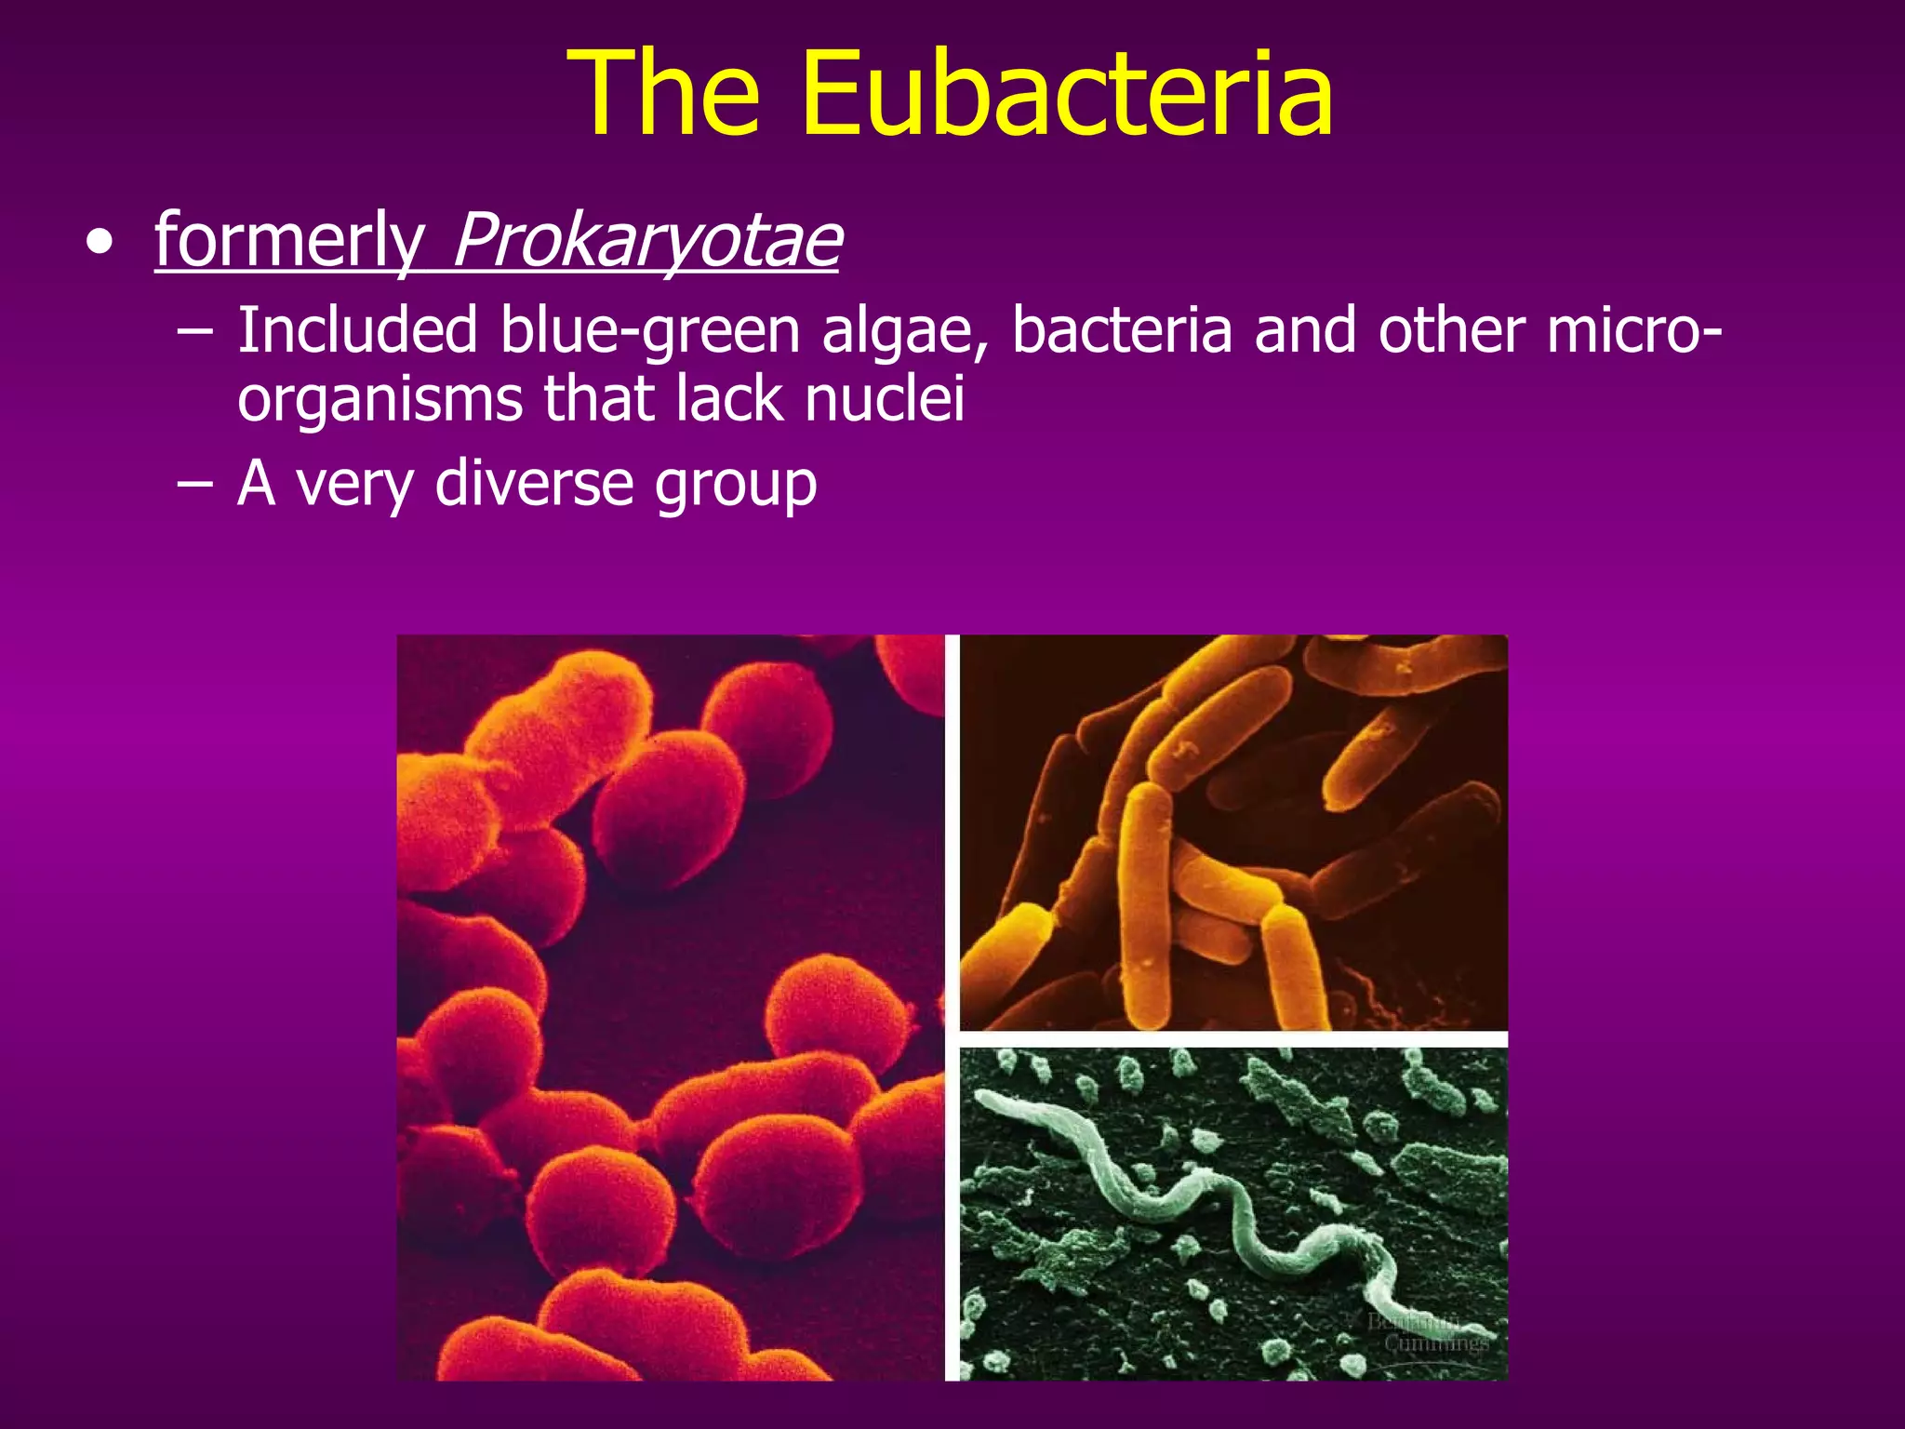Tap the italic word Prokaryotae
pos(646,240)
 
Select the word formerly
pos(289,240)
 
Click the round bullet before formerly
pos(100,244)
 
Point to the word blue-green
pos(649,331)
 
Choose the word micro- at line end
pos(1633,331)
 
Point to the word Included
pos(357,331)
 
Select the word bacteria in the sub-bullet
pos(1121,331)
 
